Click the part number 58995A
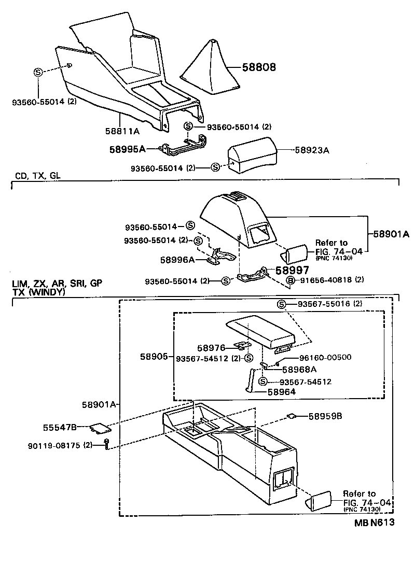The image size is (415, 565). (x=127, y=149)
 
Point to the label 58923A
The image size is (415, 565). (x=313, y=150)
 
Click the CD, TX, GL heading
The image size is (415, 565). (x=38, y=176)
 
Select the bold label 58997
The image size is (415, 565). (x=292, y=270)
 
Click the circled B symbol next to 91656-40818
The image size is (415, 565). (x=290, y=280)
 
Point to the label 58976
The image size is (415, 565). (x=211, y=348)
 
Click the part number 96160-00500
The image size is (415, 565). (x=326, y=358)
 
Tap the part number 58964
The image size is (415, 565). (x=282, y=392)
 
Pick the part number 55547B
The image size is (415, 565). (x=60, y=427)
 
